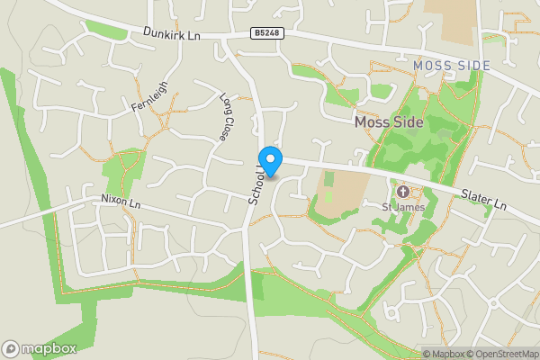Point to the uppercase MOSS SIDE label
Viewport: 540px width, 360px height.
452,66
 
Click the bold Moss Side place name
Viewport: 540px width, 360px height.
390,122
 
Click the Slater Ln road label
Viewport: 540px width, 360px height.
484,201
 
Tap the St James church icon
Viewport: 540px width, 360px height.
403,191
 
